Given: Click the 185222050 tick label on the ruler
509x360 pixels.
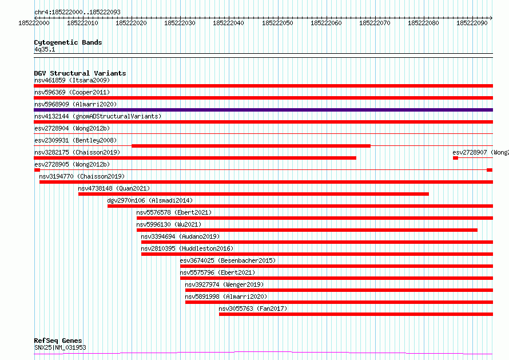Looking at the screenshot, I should [277, 23].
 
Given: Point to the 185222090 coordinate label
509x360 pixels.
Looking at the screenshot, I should [472, 23].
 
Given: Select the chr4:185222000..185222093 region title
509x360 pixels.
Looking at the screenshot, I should [77, 11].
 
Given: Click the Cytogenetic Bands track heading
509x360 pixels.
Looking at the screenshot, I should [67, 42].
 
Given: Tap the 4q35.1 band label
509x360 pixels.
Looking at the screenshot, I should [45, 50].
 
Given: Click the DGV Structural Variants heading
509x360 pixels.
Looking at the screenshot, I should [79, 73].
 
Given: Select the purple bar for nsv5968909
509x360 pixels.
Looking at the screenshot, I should [263, 110].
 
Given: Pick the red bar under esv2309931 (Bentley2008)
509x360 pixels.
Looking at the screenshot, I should [250, 146].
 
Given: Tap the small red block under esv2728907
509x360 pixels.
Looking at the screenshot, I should [455, 158].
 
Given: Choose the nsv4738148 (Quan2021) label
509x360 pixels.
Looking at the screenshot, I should [114, 188].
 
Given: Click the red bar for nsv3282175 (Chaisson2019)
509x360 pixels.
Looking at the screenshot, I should [194, 158].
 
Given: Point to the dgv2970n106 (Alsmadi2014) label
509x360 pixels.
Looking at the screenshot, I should [150, 200].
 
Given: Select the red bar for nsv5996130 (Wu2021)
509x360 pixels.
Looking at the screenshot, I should [307, 230].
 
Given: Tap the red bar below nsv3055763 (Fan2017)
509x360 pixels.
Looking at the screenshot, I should [355, 314].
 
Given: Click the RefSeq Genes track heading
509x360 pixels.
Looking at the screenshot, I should [58, 341].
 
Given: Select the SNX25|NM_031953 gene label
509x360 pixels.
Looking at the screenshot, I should [60, 347].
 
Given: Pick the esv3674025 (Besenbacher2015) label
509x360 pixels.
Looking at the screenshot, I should [228, 260].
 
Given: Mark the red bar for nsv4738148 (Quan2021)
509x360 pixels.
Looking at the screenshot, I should [253, 194].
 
